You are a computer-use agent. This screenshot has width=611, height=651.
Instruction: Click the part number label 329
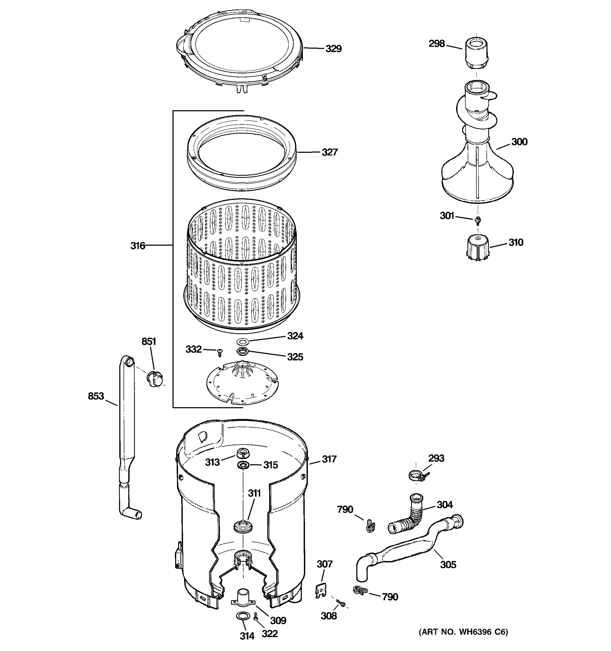[333, 49]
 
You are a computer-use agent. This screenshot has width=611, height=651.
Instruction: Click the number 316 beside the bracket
[137, 245]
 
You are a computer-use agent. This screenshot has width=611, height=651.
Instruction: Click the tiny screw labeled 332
[220, 352]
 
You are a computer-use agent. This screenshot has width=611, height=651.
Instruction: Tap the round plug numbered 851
[155, 379]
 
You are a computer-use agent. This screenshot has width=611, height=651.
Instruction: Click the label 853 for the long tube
[96, 396]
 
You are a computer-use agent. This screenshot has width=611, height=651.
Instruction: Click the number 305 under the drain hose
[448, 564]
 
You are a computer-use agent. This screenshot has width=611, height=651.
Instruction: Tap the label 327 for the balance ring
[329, 152]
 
